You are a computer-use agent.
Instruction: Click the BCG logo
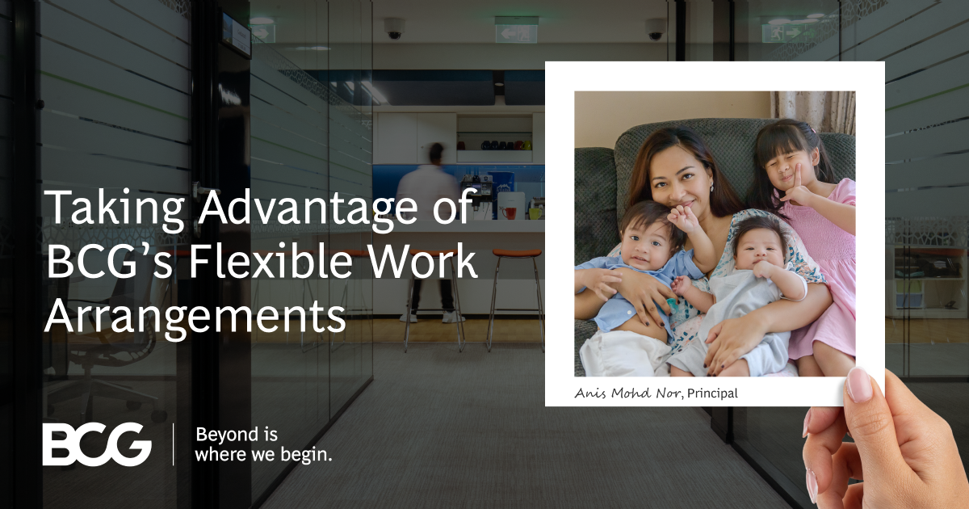(x=97, y=444)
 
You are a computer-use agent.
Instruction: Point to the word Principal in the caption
(x=712, y=393)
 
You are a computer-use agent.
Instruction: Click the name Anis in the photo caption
(x=590, y=393)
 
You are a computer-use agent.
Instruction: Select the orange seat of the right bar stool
(x=516, y=253)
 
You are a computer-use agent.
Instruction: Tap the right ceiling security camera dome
(x=656, y=29)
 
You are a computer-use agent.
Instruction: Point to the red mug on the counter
(x=510, y=212)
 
